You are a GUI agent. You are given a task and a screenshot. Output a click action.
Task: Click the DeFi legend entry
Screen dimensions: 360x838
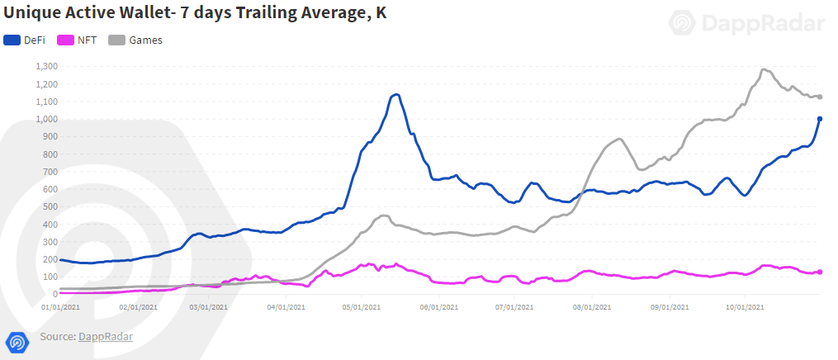coord(26,40)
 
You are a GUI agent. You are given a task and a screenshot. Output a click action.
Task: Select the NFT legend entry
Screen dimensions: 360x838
coord(78,40)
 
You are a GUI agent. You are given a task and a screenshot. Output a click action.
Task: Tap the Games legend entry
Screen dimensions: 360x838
coord(135,40)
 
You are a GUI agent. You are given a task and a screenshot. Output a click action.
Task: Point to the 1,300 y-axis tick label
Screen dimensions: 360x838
coord(46,66)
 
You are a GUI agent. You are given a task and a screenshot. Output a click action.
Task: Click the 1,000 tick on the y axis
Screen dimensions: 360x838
coord(46,119)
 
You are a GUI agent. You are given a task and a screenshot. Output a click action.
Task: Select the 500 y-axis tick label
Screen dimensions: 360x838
coord(50,206)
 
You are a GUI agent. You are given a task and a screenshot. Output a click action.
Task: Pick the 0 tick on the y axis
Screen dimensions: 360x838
coord(54,294)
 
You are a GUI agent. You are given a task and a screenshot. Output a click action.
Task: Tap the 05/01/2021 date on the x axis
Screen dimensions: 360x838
coord(361,306)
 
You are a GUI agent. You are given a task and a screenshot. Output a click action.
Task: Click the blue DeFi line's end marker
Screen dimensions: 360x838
coord(820,119)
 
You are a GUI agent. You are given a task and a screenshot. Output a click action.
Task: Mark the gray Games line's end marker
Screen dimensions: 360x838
coord(820,97)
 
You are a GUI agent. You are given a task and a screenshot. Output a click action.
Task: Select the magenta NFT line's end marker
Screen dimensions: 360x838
coord(820,272)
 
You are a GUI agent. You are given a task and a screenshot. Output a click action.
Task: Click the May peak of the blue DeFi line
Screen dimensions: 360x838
coord(396,94)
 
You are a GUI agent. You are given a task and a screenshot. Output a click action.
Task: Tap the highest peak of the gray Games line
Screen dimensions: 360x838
coord(764,69)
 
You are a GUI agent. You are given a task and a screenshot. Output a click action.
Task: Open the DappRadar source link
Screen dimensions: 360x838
coord(105,337)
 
